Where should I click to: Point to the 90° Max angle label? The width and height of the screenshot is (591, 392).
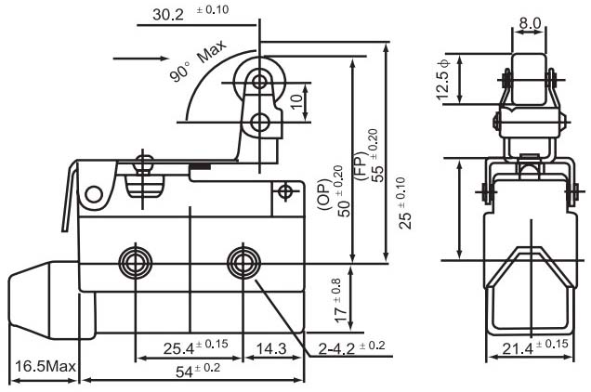coord(198,60)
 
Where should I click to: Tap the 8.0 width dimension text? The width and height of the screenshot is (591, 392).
coord(530,23)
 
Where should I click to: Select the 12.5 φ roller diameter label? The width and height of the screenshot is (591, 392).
coord(443,80)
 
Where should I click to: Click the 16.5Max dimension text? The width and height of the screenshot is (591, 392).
coord(46,366)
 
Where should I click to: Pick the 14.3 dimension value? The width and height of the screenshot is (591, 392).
coord(271,348)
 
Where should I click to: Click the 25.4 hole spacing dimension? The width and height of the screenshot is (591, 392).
coord(195,347)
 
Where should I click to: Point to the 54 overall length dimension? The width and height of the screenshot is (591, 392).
coord(198,370)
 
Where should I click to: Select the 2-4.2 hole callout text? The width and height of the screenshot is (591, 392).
coord(351,347)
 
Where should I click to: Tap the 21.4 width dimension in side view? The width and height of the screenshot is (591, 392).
coord(535,346)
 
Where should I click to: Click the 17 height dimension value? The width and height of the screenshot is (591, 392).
coord(338,301)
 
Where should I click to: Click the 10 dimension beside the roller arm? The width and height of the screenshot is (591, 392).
coord(297,101)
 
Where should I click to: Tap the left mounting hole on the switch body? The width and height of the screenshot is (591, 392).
coord(136,263)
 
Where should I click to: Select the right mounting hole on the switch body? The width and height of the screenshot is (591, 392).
coord(243,263)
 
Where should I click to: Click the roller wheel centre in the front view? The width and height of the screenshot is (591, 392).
coord(259,82)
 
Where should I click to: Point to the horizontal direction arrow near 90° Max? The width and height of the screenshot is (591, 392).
coord(140,58)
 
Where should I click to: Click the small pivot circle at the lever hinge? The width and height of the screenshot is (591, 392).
coord(94,194)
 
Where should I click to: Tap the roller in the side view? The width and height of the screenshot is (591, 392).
coord(529,80)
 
